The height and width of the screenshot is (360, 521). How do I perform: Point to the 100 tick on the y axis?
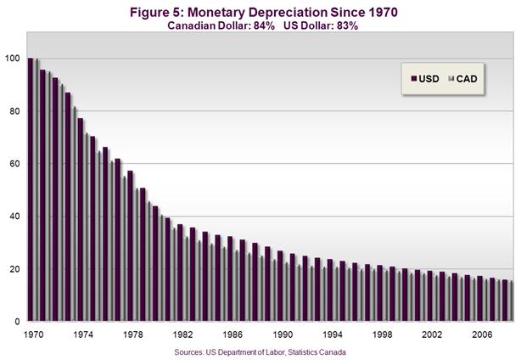tap(11, 59)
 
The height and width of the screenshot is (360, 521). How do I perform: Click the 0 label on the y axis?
tap(17, 322)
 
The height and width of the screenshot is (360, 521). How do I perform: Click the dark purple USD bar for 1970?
tap(31, 190)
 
